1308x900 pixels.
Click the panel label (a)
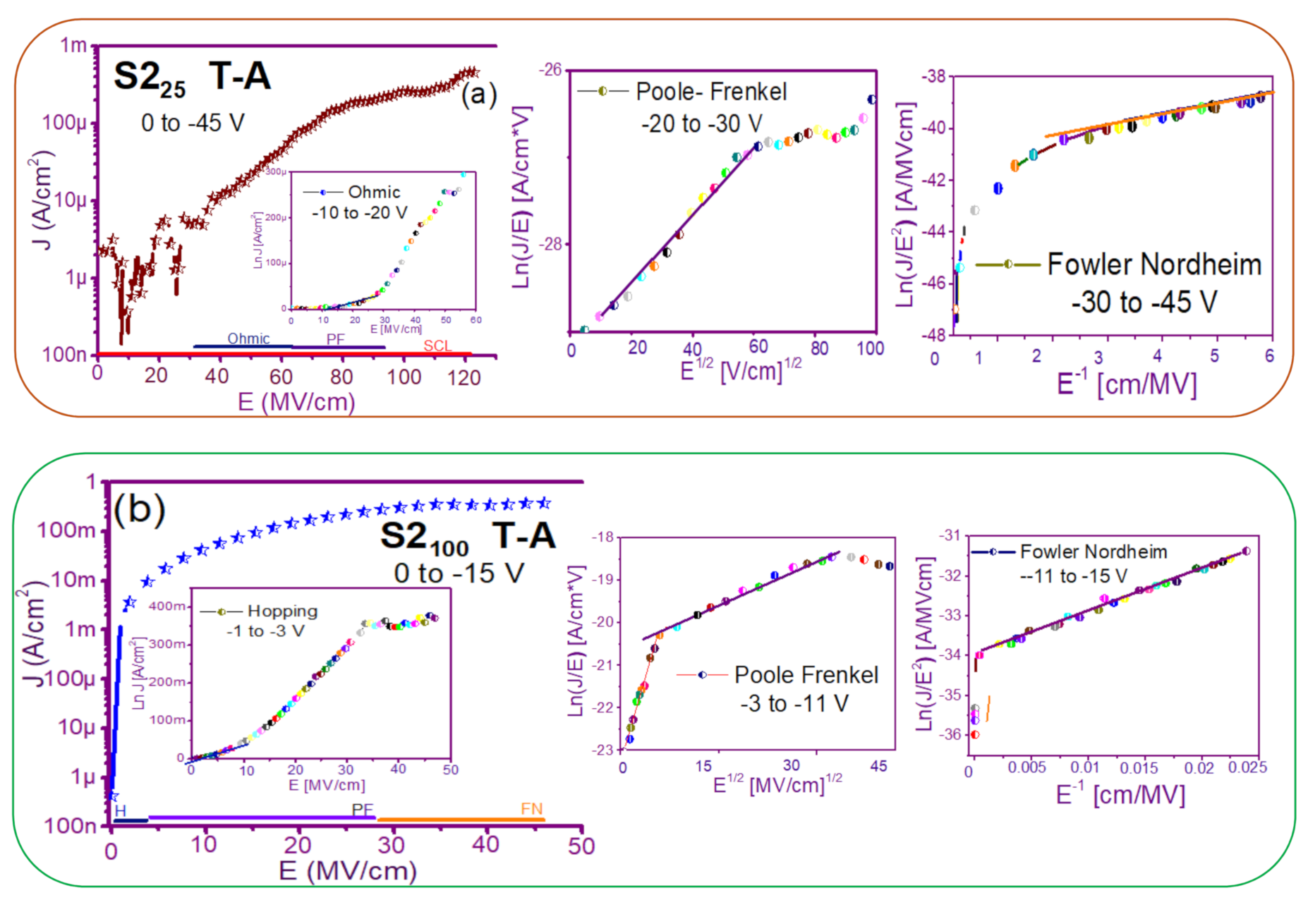coord(478,93)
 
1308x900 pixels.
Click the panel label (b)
coord(139,509)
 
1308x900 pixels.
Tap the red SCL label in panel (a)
coord(437,346)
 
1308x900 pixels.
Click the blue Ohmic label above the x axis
coord(248,339)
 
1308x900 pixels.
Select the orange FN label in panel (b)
coord(531,809)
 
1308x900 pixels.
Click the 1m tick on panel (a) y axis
coord(73,45)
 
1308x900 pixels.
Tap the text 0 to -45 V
coord(193,123)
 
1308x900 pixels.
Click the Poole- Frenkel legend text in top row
coord(710,92)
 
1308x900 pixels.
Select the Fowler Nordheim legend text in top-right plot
coord(1154,264)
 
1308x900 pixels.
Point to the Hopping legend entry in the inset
coord(282,611)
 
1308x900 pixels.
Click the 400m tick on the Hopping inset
coord(168,606)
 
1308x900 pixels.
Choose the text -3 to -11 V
coord(794,703)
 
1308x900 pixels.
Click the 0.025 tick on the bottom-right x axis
coord(1247,767)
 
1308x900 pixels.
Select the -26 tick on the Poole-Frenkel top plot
coord(551,69)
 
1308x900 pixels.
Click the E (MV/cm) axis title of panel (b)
coord(348,870)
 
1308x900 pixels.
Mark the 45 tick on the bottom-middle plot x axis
coord(878,767)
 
